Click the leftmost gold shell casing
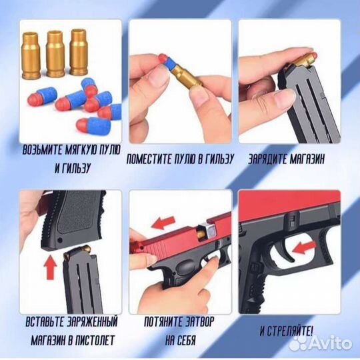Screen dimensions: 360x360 tap(31, 55)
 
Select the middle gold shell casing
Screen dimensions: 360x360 tap(55, 53)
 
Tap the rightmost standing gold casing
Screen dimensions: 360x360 tap(79, 52)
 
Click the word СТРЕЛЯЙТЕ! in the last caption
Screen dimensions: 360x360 tap(290, 331)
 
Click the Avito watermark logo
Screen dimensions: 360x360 tap(321, 344)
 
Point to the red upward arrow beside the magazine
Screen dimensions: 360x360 tap(50, 268)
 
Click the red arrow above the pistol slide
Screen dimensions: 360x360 tap(163, 223)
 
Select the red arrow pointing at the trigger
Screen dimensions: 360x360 tap(305, 247)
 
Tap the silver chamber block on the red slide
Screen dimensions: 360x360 tap(207, 229)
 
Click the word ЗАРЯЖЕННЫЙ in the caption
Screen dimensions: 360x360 tap(92, 322)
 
